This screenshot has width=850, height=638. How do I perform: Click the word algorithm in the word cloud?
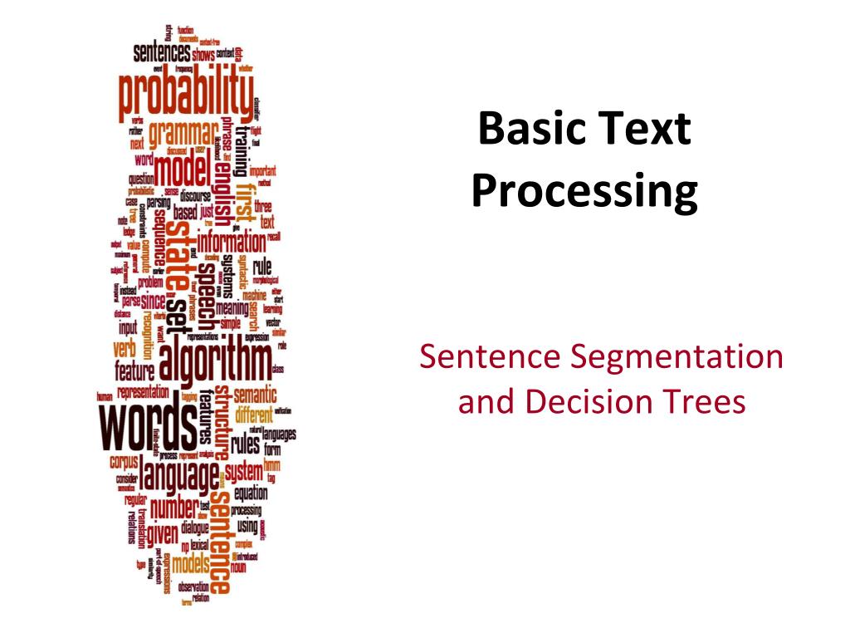[214, 362]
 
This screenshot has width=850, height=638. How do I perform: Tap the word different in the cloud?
[259, 413]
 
